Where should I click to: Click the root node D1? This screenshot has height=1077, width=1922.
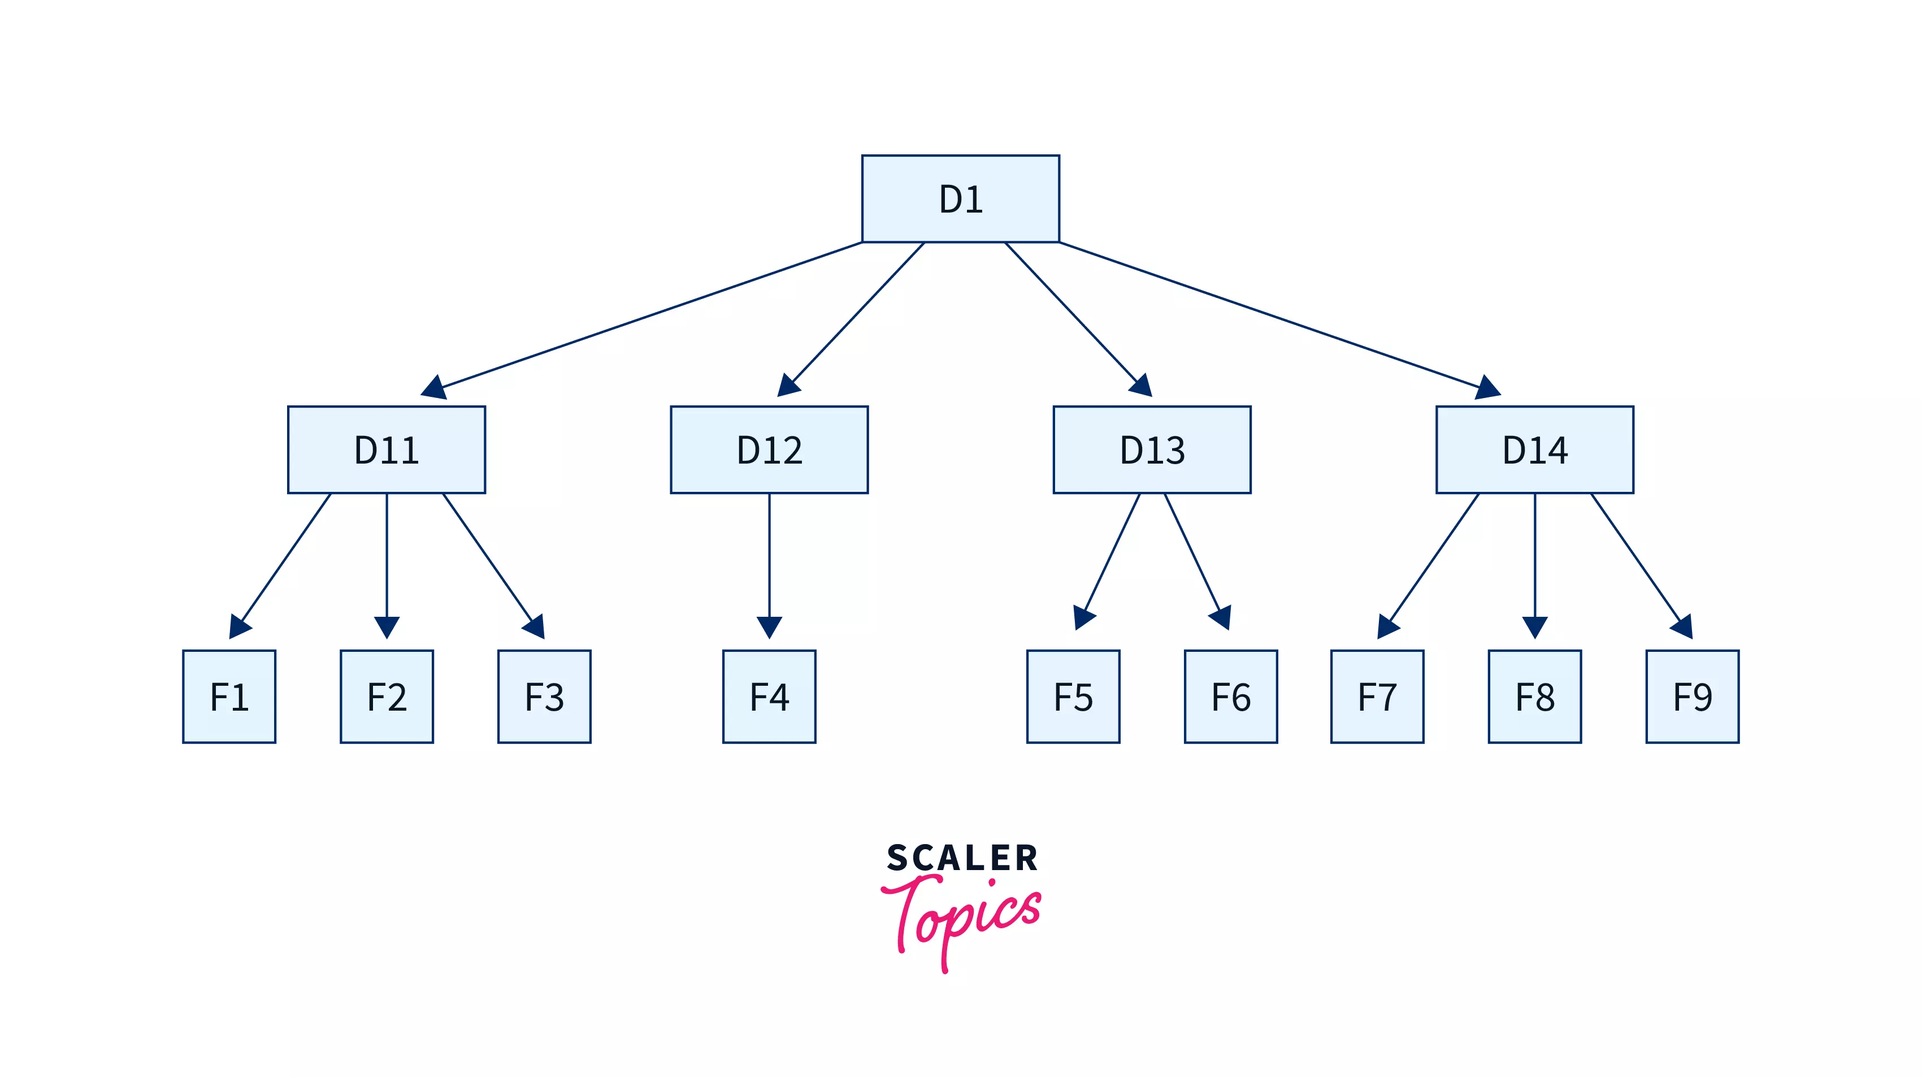[960, 198]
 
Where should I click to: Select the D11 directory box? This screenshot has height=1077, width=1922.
[387, 449]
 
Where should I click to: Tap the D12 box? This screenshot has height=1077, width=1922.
[769, 449]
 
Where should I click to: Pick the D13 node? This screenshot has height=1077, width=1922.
[1152, 449]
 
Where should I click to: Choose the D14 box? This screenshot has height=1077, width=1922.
[1535, 449]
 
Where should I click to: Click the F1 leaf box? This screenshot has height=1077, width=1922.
[229, 697]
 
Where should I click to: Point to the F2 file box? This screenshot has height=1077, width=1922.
[387, 697]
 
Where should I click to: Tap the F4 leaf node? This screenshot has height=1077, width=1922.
[769, 697]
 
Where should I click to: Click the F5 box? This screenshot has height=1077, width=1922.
[1073, 697]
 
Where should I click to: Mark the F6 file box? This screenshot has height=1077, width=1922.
[1230, 697]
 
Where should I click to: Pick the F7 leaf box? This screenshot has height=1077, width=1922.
[1377, 697]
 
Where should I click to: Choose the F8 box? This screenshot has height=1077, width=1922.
[1535, 697]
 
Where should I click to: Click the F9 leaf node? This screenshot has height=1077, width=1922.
[1692, 697]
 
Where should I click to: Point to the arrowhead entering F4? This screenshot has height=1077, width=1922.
[769, 627]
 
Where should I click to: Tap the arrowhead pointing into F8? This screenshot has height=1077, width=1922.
[1535, 627]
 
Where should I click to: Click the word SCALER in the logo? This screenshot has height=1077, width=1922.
[962, 858]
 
